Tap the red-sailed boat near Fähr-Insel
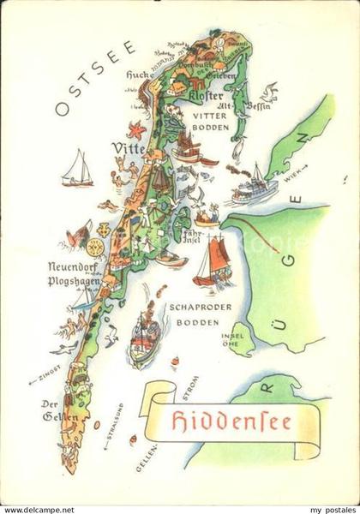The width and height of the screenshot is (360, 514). pyautogui.click(x=212, y=261)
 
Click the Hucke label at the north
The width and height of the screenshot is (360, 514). pyautogui.click(x=138, y=74)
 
